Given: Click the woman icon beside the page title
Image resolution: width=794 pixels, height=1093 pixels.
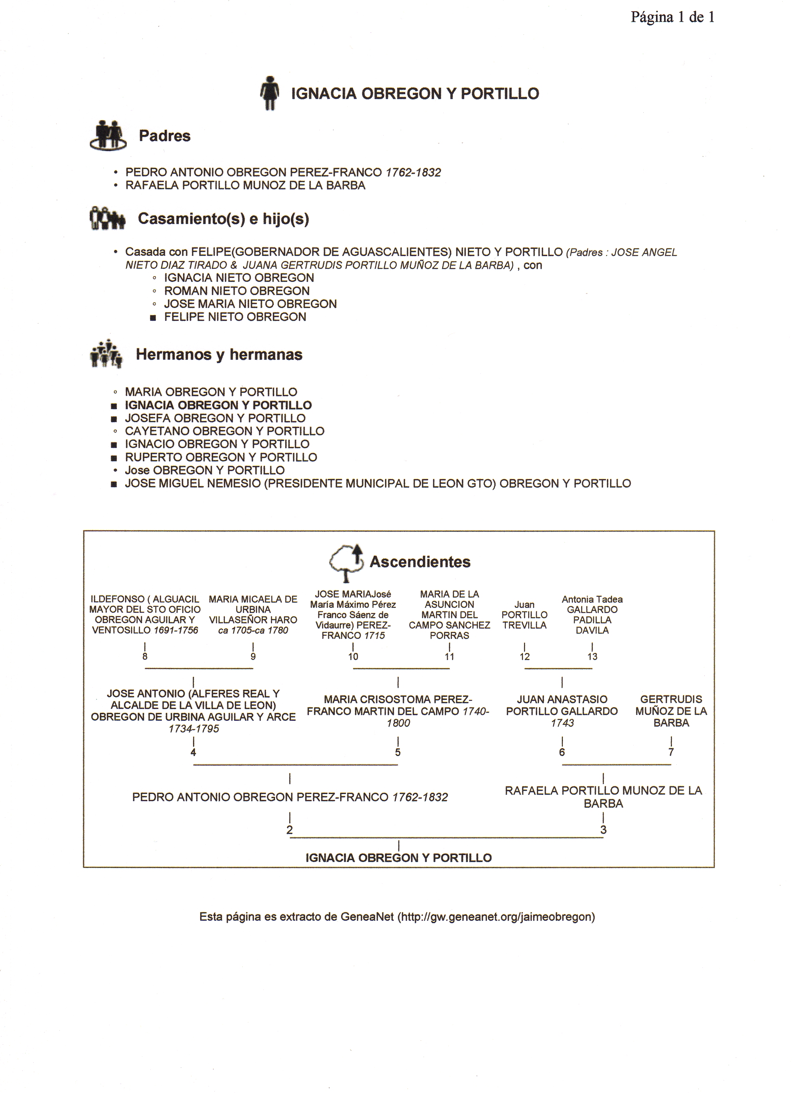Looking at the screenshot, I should pyautogui.click(x=270, y=93).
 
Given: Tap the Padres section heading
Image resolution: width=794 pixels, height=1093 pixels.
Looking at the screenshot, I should pyautogui.click(x=164, y=136).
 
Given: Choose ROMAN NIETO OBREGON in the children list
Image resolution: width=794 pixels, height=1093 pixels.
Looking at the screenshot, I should pyautogui.click(x=237, y=291).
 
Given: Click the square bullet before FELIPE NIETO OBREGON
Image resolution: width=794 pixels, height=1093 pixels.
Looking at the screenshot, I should pyautogui.click(x=153, y=318).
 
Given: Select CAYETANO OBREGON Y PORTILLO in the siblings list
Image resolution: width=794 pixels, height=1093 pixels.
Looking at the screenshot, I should pyautogui.click(x=224, y=431).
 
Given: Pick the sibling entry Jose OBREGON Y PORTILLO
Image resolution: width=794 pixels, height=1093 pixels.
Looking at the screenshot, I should pyautogui.click(x=205, y=470).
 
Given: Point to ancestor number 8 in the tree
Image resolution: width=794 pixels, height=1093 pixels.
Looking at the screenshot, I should pyautogui.click(x=145, y=656).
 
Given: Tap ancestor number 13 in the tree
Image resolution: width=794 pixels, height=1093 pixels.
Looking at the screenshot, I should pyautogui.click(x=592, y=656).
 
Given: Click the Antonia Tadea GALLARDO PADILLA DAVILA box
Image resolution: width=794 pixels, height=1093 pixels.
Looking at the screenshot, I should pyautogui.click(x=592, y=615).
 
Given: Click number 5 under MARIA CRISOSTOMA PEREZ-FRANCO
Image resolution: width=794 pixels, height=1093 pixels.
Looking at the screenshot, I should pyautogui.click(x=398, y=752).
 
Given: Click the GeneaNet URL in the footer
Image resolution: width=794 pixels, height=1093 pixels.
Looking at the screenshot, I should pyautogui.click(x=496, y=917).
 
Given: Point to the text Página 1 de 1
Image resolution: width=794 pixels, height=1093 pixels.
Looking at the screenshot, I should pyautogui.click(x=673, y=17).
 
